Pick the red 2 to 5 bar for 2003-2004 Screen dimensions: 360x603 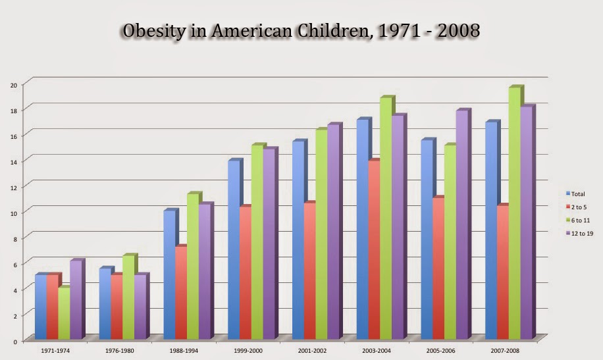(373, 250)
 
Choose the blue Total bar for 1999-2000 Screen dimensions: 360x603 (234, 250)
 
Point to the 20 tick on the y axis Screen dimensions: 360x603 (13, 84)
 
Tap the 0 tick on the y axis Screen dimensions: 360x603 (14, 340)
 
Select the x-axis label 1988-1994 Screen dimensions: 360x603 (183, 351)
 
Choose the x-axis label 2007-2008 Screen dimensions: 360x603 (505, 351)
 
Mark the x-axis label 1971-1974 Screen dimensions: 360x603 (55, 351)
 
